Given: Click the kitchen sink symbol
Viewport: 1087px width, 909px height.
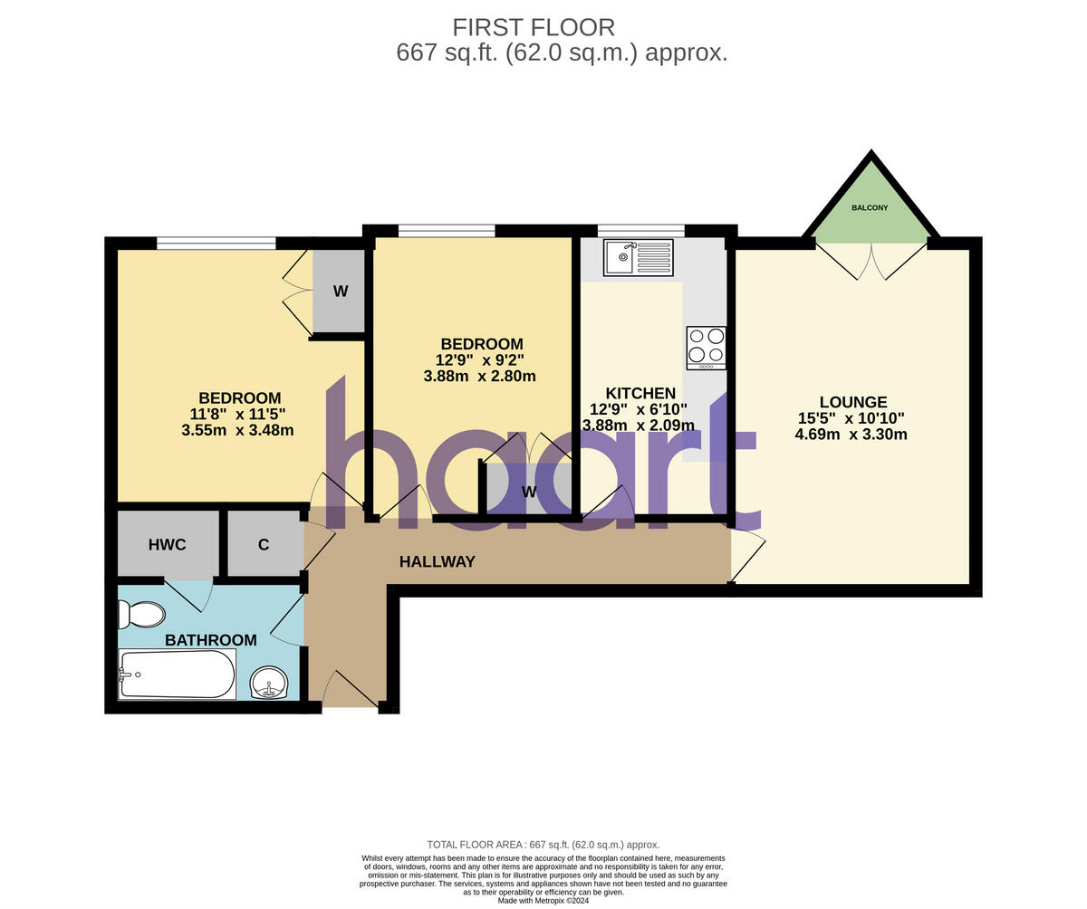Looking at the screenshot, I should coord(639,257).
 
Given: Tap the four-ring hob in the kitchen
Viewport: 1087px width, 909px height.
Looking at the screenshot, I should coord(706,347).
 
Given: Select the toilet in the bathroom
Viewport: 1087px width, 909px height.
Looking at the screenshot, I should coord(142,615).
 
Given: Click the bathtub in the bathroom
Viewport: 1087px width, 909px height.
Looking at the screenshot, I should coord(178,675).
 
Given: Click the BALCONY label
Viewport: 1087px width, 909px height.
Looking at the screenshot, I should coord(870,208).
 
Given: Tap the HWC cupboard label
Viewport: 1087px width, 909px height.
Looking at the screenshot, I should coord(168,544).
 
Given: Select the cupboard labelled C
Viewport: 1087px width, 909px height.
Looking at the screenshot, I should coord(264,544).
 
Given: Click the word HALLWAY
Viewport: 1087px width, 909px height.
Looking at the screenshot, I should coord(438,561).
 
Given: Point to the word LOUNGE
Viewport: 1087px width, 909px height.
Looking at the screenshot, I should coord(852,402).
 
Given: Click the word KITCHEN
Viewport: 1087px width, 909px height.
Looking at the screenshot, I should coord(640,393).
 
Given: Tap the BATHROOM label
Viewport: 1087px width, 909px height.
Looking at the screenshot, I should coord(210,640).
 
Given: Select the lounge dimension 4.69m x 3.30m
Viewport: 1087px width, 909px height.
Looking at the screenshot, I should coord(851,435).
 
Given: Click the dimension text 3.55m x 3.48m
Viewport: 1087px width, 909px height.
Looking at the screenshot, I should coord(237,431).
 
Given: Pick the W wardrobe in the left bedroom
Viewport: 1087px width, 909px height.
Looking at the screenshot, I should coord(340,292).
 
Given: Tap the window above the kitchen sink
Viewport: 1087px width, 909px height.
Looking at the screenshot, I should coord(640,231).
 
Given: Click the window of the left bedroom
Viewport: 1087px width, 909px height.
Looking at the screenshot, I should coord(216,243).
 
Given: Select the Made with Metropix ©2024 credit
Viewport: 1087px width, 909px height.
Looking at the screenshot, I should coord(543,901).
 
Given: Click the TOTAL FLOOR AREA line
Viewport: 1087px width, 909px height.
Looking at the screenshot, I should coord(543,845).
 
